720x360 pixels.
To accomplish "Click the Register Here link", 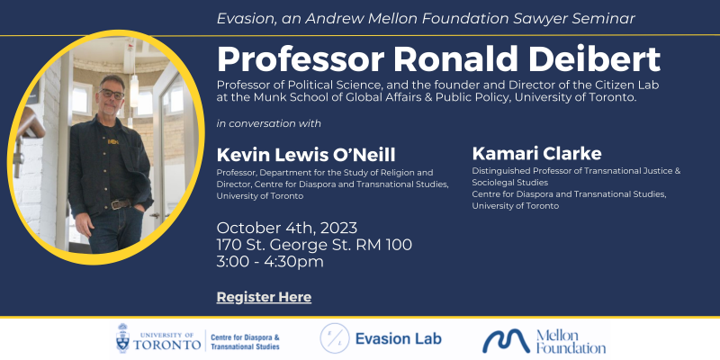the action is coord(264,297).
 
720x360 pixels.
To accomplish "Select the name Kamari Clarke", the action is coord(536,153).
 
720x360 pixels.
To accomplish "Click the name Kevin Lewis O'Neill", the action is coord(306,155).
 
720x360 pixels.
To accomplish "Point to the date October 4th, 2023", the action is coord(287,228).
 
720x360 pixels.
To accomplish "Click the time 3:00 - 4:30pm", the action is coord(270,261).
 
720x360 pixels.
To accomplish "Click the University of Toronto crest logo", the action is coord(122,338).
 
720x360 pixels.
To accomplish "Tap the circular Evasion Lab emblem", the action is coord(335,338).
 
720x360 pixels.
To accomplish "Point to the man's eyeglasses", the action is coord(112,94).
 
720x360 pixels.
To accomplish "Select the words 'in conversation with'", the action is coord(268,123).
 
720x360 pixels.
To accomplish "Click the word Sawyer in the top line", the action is coord(541,18).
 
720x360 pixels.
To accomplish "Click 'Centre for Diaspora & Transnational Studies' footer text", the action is coord(245,342).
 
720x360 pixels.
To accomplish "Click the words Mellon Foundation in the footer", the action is coord(571,341).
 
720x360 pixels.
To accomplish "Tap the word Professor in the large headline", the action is coord(301,59).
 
